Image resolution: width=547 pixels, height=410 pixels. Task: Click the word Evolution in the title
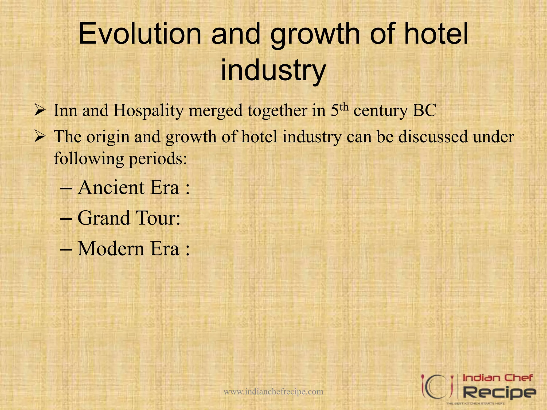click(139, 34)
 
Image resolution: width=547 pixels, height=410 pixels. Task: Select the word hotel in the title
click(436, 34)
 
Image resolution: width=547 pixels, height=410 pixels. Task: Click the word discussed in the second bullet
click(433, 137)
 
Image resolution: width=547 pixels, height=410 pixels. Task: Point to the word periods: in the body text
click(158, 159)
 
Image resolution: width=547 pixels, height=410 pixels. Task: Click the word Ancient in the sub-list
click(111, 188)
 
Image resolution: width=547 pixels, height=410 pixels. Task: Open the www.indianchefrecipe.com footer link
click(273, 392)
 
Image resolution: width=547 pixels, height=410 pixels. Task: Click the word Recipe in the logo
click(499, 392)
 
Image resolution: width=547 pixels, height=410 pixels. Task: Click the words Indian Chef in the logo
click(498, 378)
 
